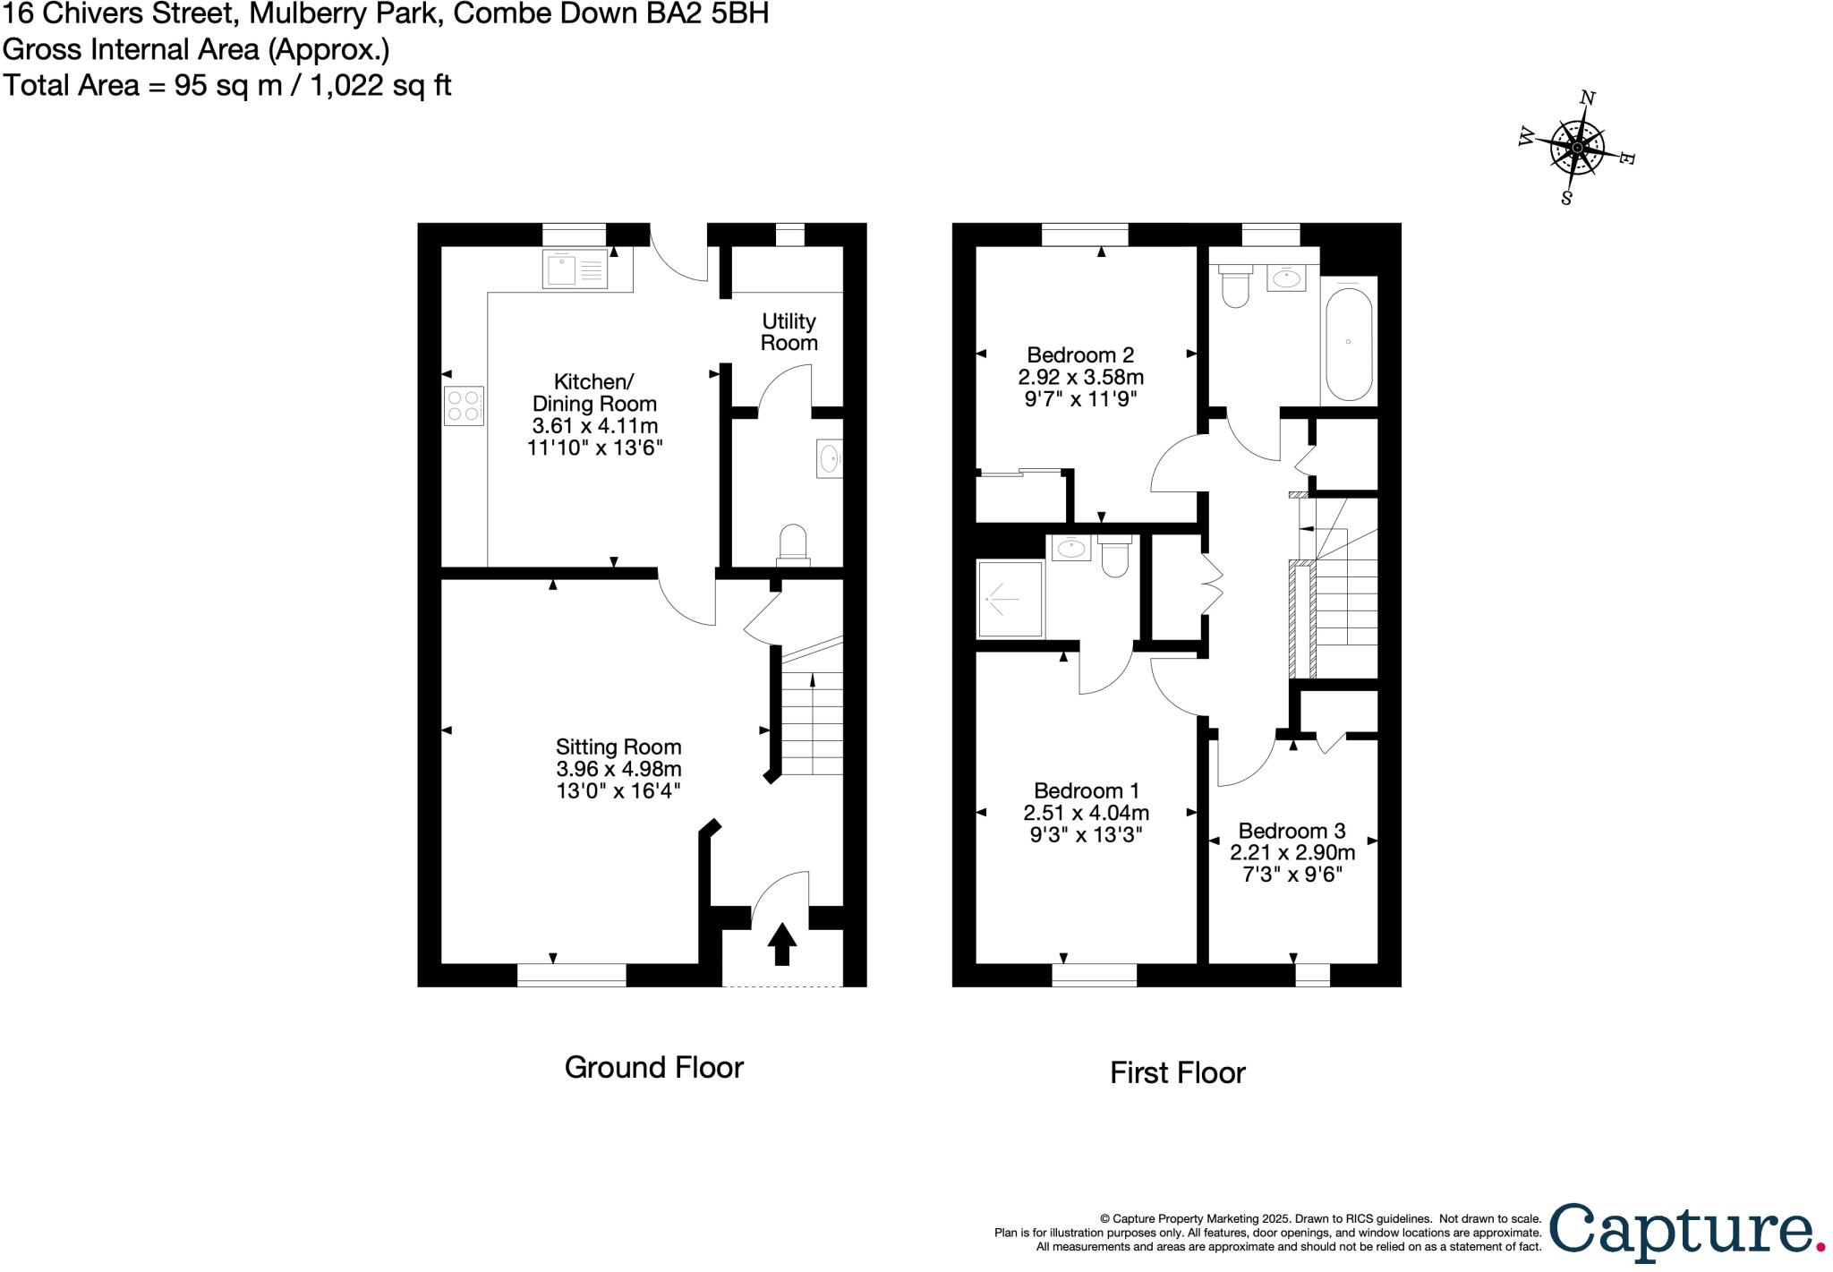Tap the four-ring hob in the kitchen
coord(464,405)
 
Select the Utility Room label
coord(789,332)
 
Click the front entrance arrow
coord(781,943)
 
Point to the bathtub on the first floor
coord(1348,341)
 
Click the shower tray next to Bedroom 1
coord(1010,598)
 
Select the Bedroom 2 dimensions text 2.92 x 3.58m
coord(1080,377)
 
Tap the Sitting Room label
coord(618,747)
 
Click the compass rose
coord(1576,148)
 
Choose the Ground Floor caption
coord(653,1067)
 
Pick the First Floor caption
coord(1177,1072)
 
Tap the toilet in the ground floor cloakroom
coord(793,545)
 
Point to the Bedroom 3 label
coord(1291,831)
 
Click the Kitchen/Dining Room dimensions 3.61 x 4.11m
coord(594,425)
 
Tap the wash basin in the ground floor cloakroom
coord(829,459)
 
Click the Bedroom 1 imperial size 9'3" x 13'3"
coord(1086,834)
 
